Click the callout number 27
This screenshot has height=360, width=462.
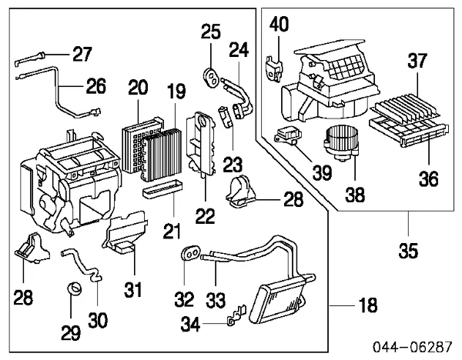pyautogui.click(x=82, y=54)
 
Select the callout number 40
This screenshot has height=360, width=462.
pyautogui.click(x=280, y=25)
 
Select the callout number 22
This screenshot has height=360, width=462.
pyautogui.click(x=204, y=217)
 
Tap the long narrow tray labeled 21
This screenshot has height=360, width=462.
pyautogui.click(x=163, y=186)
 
